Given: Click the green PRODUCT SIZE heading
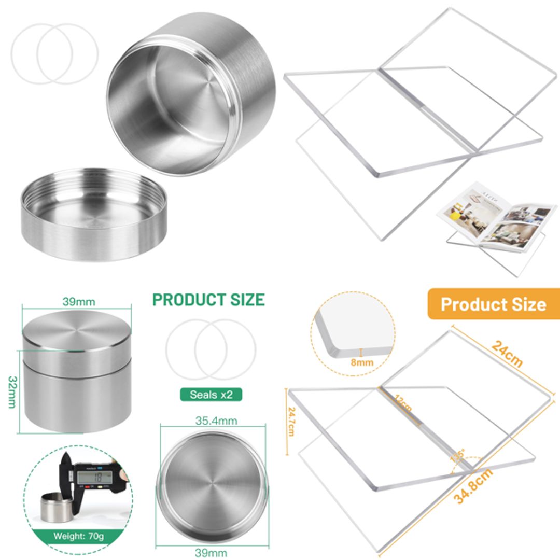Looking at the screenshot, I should tap(208, 300).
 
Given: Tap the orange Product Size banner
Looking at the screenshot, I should tap(493, 304).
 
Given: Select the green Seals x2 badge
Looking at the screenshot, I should tap(211, 395).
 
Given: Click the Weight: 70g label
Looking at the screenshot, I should tap(79, 536).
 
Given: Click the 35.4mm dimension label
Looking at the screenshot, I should tap(209, 421).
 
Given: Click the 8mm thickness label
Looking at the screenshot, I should tap(362, 362).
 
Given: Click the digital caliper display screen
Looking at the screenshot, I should tap(94, 473).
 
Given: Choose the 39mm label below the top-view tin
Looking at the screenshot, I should tap(211, 553).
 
